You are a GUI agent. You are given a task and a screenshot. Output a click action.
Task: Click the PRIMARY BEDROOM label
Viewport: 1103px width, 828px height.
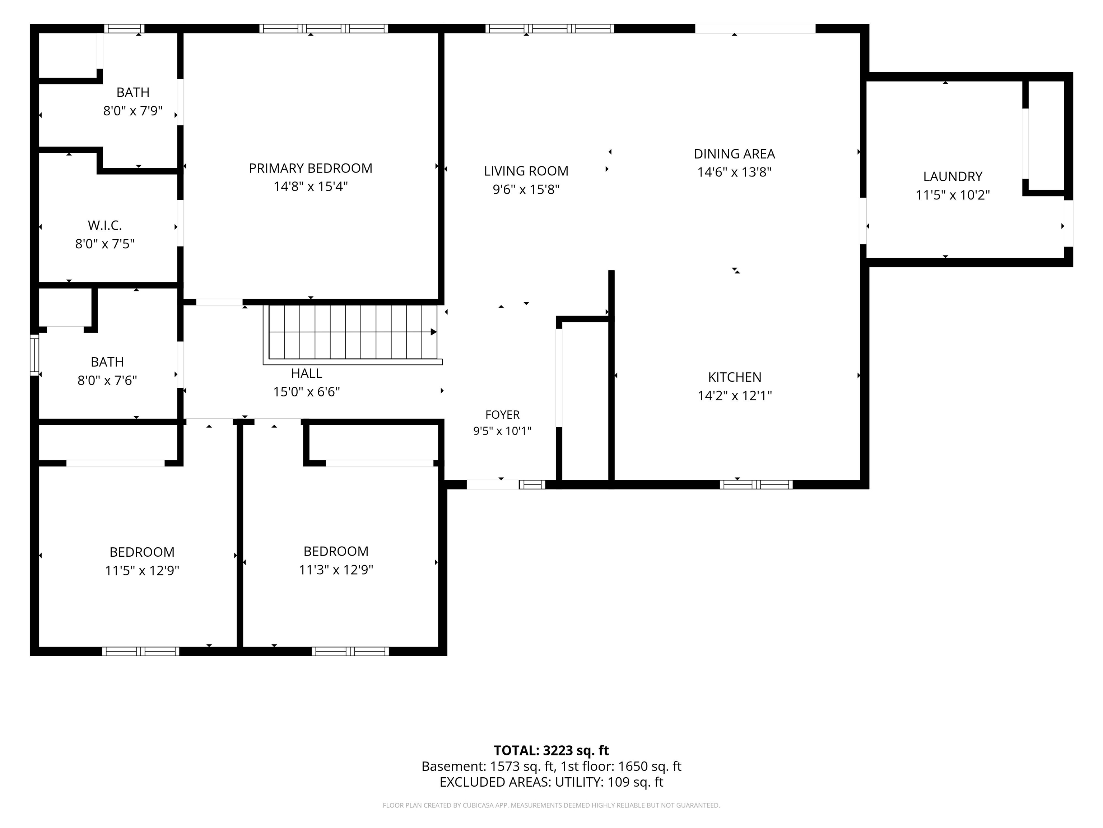[x=310, y=168]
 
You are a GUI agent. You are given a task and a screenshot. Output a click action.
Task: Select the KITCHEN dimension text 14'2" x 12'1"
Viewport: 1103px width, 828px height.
[x=735, y=395]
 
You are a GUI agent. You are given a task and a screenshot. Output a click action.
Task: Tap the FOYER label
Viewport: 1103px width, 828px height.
[x=502, y=414]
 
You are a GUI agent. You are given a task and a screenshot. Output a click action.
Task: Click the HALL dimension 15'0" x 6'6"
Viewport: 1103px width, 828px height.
[x=306, y=391]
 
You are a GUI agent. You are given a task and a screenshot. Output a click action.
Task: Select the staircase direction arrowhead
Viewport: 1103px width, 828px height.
[x=434, y=332]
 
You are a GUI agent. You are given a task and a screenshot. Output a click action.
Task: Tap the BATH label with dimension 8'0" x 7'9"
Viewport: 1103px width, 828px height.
[x=132, y=92]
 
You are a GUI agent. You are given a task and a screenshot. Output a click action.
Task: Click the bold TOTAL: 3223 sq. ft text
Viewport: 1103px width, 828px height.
[x=551, y=750]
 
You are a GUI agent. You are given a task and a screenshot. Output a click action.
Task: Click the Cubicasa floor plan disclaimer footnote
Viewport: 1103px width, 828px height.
[x=551, y=805]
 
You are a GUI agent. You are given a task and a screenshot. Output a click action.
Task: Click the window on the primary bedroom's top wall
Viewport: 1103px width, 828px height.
[x=324, y=28]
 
